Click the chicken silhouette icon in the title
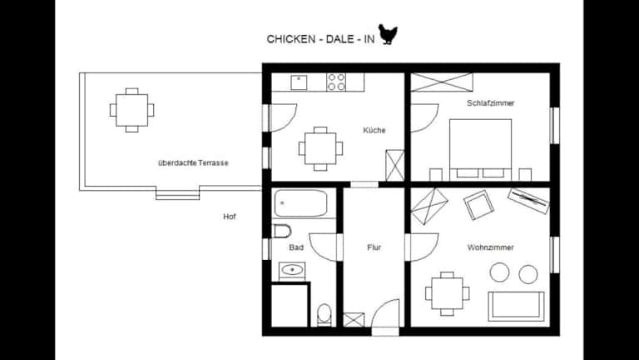click(388, 34)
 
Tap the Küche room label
click(374, 130)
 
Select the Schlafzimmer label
click(490, 103)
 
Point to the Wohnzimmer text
click(490, 247)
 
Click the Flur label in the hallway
click(374, 247)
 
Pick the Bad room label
click(296, 247)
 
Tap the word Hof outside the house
click(230, 217)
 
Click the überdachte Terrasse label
click(193, 162)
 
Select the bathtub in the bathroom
click(300, 203)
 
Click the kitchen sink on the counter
click(299, 82)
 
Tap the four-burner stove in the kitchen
click(336, 82)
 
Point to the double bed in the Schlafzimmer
click(480, 149)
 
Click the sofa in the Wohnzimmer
click(516, 306)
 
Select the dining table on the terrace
click(131, 110)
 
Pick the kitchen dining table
click(320, 148)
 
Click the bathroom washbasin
click(292, 270)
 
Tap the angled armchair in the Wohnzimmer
click(478, 205)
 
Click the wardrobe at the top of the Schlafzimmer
click(442, 82)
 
